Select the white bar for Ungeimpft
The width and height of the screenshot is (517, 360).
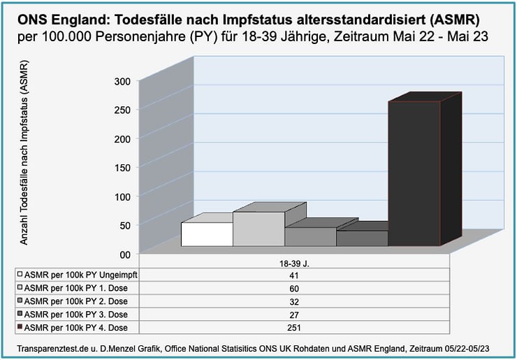coord(206,234)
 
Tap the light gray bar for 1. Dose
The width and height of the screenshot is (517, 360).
coord(258,229)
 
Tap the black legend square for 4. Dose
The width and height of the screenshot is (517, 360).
coord(21,326)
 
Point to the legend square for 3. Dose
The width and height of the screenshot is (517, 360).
coord(21,314)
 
